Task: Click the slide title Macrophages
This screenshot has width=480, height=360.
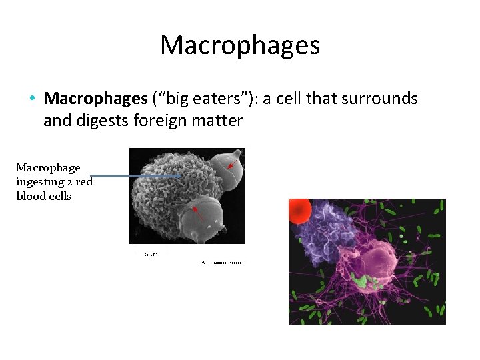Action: pyautogui.click(x=240, y=45)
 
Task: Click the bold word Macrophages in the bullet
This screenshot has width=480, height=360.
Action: pyautogui.click(x=95, y=99)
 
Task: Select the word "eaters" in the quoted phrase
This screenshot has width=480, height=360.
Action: pyautogui.click(x=217, y=99)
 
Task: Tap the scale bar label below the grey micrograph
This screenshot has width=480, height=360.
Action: pyautogui.click(x=151, y=255)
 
